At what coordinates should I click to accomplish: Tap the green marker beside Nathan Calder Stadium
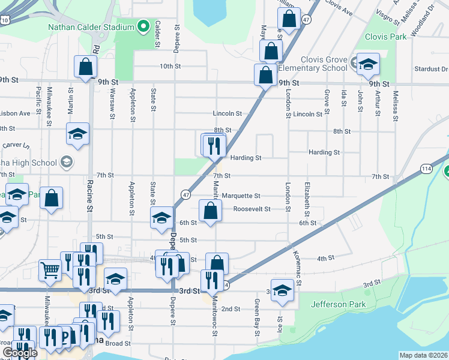tap(143, 26)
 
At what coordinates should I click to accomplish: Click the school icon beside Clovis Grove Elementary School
tap(367, 65)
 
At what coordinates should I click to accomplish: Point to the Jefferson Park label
tap(339, 304)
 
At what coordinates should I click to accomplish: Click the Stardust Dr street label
tap(431, 69)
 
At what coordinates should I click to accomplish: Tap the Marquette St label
tap(241, 196)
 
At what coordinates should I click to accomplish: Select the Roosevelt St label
tap(252, 209)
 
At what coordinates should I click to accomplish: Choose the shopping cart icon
tap(50, 270)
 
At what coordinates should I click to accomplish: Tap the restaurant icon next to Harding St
tap(214, 145)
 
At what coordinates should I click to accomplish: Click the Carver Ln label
tap(16, 145)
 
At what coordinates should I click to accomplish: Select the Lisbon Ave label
tap(15, 113)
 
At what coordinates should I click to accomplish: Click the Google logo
tap(20, 353)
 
